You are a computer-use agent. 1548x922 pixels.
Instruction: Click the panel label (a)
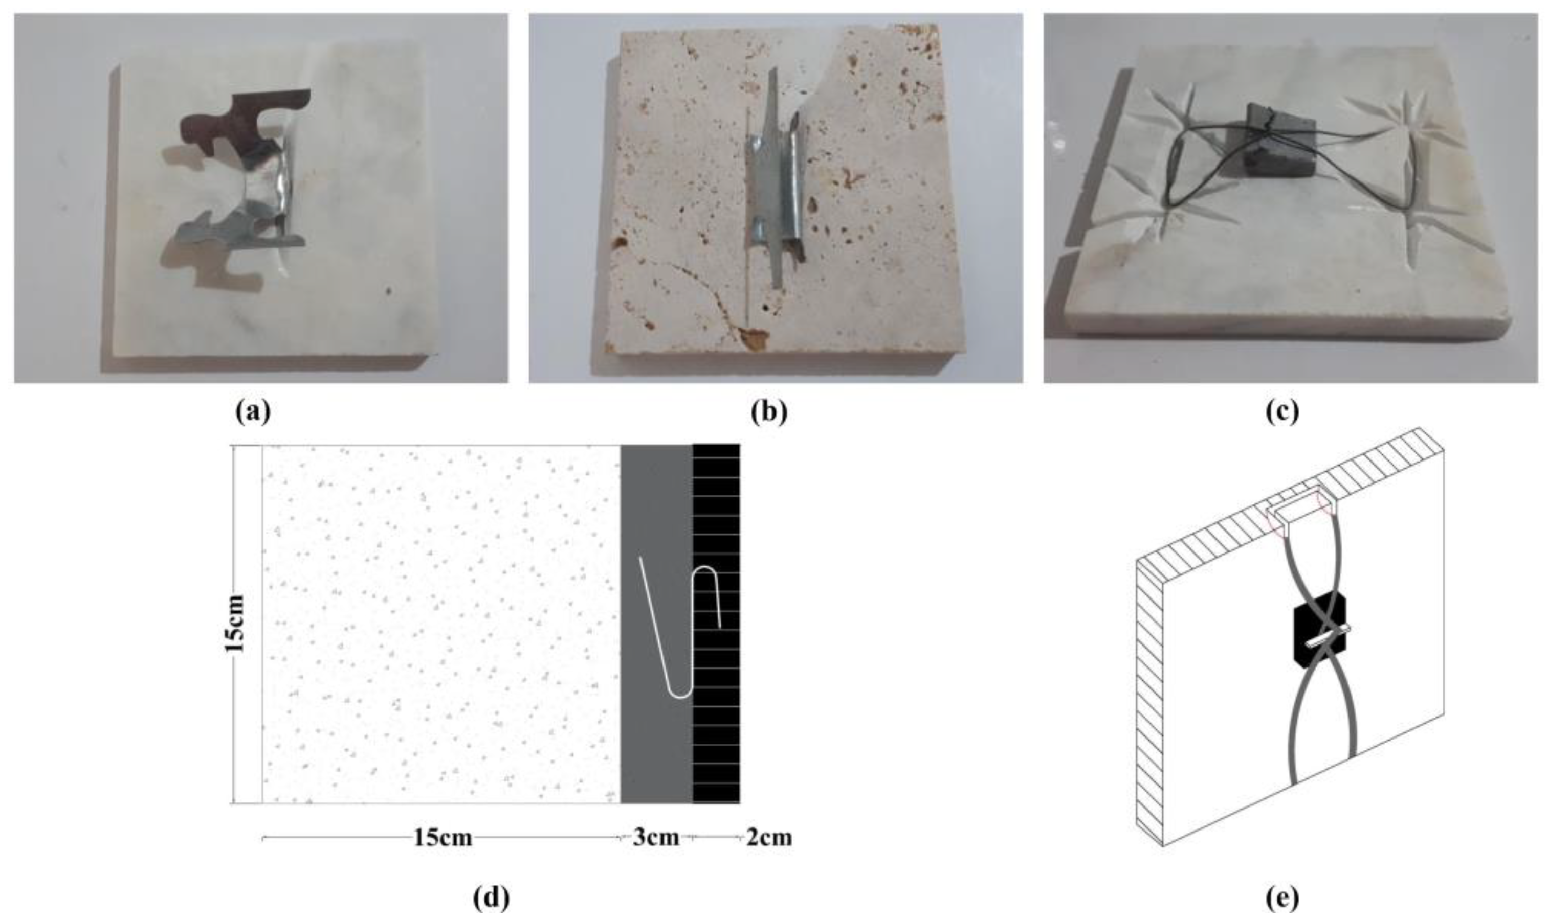(x=254, y=412)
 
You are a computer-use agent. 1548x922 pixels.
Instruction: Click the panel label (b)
(x=769, y=412)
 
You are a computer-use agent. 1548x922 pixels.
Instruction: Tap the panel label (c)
(x=1282, y=412)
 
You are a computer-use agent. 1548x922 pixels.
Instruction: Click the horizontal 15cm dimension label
(x=443, y=838)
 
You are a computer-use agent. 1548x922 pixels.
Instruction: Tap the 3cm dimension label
(x=656, y=838)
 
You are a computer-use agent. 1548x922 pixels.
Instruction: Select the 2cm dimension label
(x=768, y=838)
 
